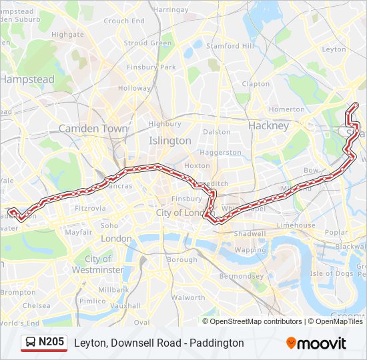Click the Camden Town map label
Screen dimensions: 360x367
[93, 128]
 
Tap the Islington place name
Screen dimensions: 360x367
[169, 141]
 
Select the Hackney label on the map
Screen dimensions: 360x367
[268, 125]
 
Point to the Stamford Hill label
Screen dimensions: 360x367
[230, 46]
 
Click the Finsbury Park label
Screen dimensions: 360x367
[155, 67]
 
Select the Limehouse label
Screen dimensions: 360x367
[296, 225]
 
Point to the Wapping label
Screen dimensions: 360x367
[250, 250]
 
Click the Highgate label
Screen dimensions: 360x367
[67, 35]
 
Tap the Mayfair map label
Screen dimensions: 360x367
[78, 232]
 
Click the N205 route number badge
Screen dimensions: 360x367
[51, 343]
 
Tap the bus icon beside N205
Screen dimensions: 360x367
[31, 343]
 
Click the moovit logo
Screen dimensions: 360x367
[316, 343]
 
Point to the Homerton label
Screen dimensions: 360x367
[286, 109]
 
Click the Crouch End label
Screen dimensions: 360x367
[124, 21]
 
